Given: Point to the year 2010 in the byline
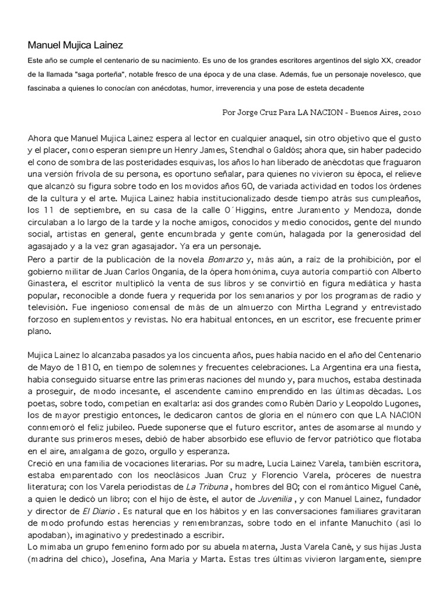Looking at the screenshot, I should (x=410, y=112).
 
